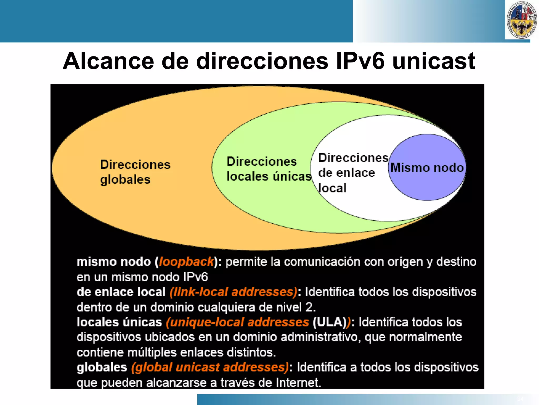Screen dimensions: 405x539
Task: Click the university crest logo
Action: point(521,20)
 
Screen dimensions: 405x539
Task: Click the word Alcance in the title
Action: point(108,61)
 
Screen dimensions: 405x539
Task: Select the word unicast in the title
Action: point(433,61)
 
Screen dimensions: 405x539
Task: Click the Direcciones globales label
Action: point(135,172)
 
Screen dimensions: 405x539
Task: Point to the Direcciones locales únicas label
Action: point(268,169)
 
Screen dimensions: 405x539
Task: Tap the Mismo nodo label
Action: point(427,168)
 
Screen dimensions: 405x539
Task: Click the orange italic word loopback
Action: point(186,262)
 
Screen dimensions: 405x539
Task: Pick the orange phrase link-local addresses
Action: point(233,292)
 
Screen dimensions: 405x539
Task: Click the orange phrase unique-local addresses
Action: point(237,322)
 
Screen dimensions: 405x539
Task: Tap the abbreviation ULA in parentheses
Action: point(329,322)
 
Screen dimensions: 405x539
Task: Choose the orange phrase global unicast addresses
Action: point(210,367)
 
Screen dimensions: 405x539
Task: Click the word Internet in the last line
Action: point(298,383)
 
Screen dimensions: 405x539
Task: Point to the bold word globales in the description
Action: point(102,367)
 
